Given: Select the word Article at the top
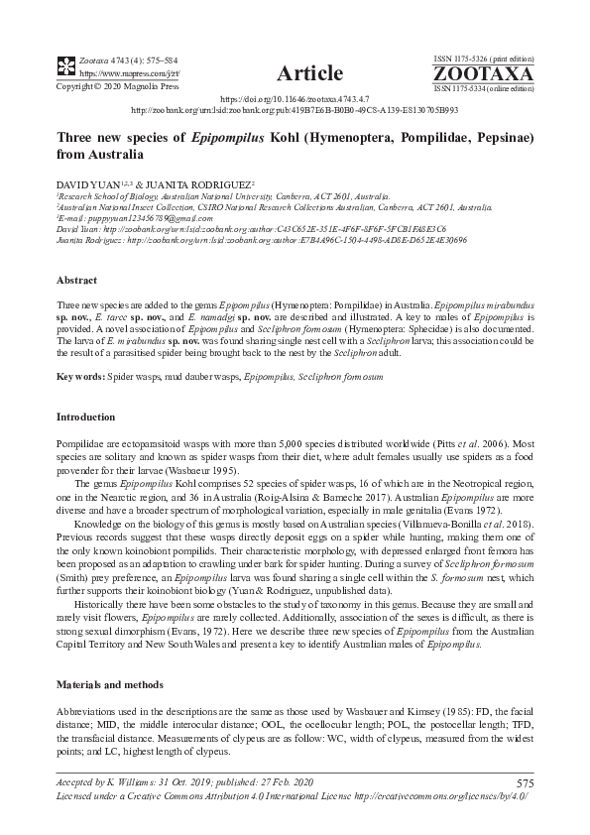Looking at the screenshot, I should coord(310,73).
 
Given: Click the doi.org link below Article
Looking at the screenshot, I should coord(295,100).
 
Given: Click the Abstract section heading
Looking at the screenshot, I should coord(76,281).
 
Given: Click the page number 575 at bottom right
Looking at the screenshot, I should coord(525,784).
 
